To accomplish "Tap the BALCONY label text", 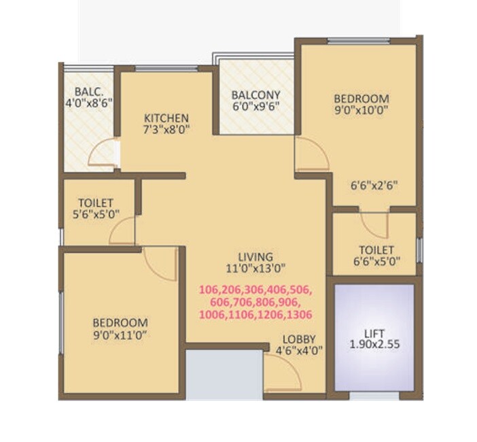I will click(x=255, y=95).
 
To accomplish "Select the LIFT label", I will click(x=374, y=333).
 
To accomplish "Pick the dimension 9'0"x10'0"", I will click(x=362, y=109).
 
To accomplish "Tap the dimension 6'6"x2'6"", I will click(x=373, y=184).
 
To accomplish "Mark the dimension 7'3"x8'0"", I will click(x=166, y=128).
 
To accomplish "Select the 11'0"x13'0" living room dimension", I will click(x=255, y=267).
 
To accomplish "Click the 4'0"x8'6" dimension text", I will click(x=88, y=104).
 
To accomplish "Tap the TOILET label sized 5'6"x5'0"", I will click(x=96, y=203).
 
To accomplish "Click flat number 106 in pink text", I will click(x=209, y=290).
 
